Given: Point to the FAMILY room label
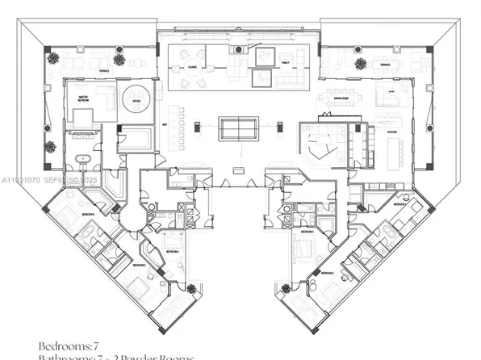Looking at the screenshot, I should pyautogui.click(x=284, y=62).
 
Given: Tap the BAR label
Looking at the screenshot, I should pyautogui.click(x=163, y=125).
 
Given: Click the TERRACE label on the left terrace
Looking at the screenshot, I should pyautogui.click(x=104, y=70).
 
